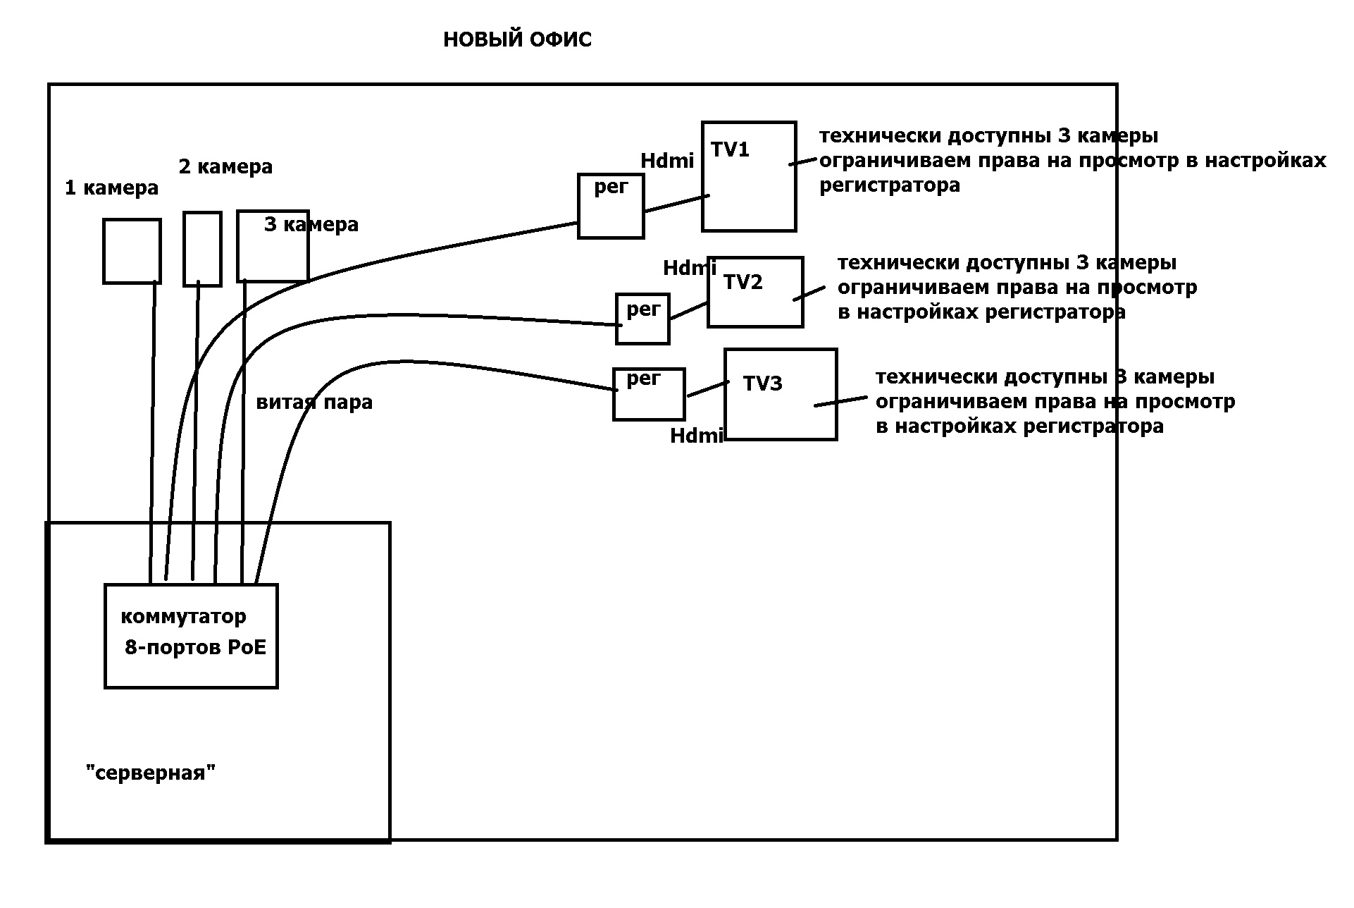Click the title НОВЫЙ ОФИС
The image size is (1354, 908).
point(517,40)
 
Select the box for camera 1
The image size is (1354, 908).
point(132,252)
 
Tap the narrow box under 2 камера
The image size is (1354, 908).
point(202,249)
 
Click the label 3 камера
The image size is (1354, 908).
point(311,225)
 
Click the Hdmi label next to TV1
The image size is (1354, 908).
point(667,161)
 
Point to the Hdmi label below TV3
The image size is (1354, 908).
point(697,436)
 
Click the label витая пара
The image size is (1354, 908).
point(314,403)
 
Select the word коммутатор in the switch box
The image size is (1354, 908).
point(183,617)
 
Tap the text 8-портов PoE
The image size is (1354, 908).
point(196,648)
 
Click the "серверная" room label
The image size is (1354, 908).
point(150,773)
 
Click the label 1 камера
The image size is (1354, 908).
point(111,188)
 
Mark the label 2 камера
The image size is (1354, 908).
point(225,167)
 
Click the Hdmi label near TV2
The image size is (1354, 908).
point(690,269)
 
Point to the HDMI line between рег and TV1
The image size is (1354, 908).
point(676,203)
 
